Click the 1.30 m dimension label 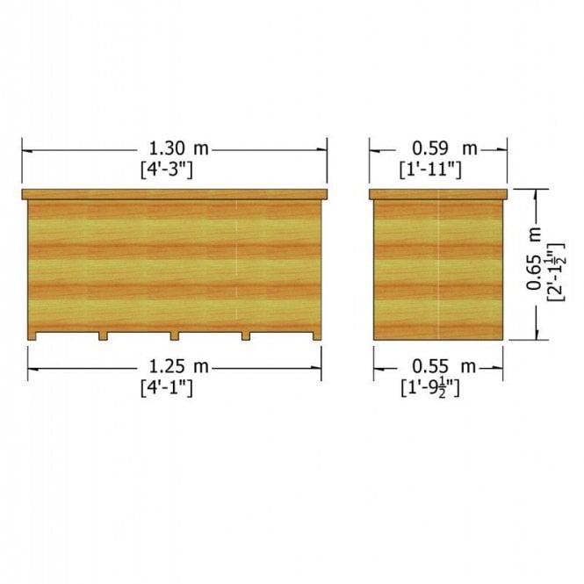[179, 148]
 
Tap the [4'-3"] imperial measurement [167, 170]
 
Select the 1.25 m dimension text [179, 366]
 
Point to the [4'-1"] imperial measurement [167, 388]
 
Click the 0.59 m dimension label [444, 148]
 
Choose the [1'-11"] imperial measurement [430, 169]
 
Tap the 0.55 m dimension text [444, 367]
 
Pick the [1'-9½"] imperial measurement [430, 388]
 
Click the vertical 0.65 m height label [534, 258]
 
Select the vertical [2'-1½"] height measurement [556, 272]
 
